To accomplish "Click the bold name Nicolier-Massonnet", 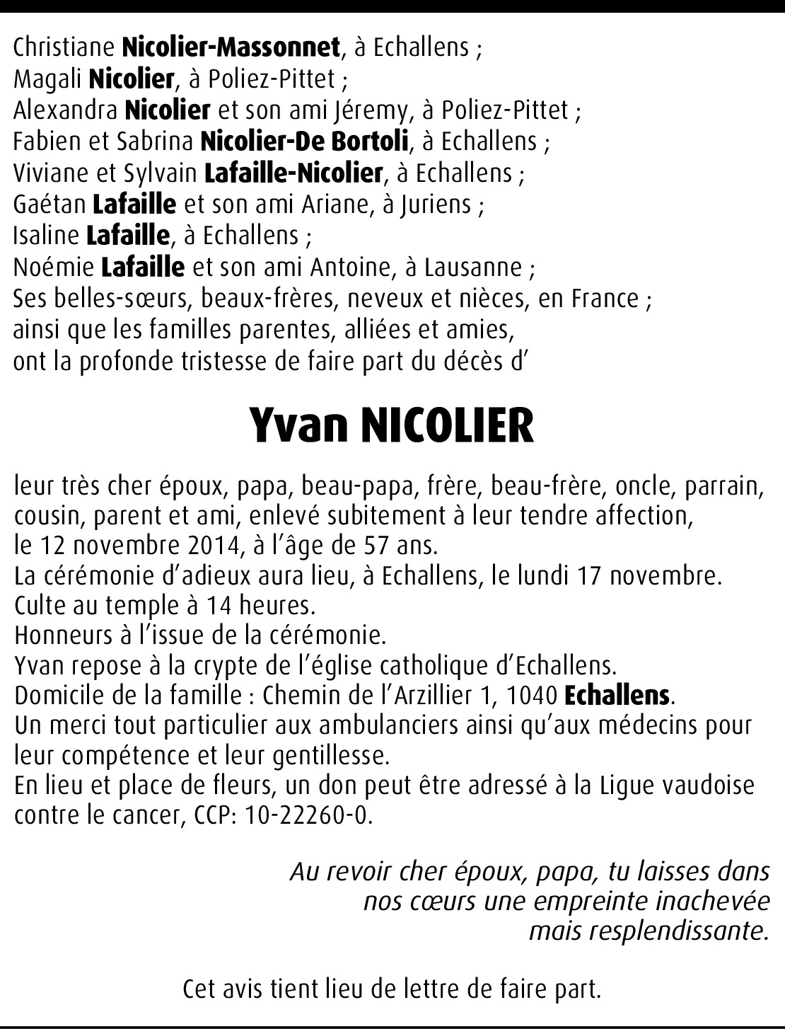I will point(231,47).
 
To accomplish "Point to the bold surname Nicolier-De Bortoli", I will point(306,142).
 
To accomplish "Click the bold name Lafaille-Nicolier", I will point(293,173).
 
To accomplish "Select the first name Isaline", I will point(46,236).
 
